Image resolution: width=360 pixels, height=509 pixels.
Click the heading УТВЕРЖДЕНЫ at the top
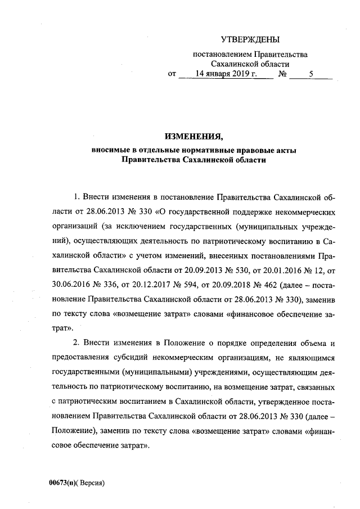tap(250, 39)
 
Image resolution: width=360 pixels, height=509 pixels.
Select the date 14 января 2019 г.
tap(222, 74)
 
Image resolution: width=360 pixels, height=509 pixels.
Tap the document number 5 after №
tap(311, 74)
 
